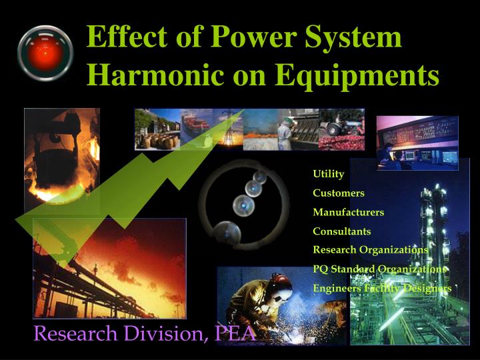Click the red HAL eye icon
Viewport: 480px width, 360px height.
[45, 53]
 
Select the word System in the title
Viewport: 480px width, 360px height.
[353, 37]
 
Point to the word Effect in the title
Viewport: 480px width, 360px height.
[124, 37]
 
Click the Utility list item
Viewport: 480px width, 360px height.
[329, 174]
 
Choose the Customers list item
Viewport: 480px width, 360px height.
[339, 193]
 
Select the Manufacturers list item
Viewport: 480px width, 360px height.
[349, 212]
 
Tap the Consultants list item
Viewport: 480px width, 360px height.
[342, 231]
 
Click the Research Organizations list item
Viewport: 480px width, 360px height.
[371, 250]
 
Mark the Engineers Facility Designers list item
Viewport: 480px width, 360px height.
[382, 288]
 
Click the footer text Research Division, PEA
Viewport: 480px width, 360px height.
[145, 333]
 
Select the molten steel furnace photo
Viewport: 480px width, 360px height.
[61, 160]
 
